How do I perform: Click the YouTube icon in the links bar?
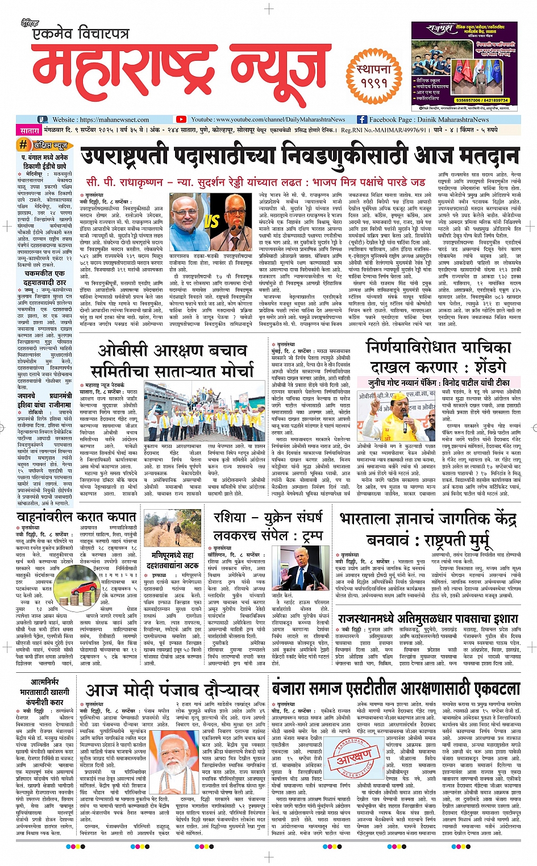(181, 119)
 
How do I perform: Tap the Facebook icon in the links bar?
(362, 119)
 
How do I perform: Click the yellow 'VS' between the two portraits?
(212, 222)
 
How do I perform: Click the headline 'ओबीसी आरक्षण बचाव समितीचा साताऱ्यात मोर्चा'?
(172, 360)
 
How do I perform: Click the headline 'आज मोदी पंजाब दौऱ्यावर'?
(172, 690)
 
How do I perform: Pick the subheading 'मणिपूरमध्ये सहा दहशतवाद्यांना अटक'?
(172, 560)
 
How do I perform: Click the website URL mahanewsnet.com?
(114, 119)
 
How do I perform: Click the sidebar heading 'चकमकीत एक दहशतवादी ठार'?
(44, 277)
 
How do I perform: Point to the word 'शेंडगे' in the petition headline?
(484, 367)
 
